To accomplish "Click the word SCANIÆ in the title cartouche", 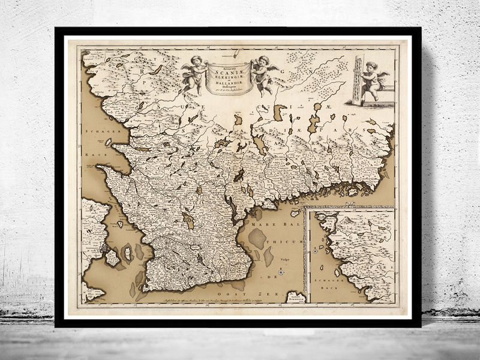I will click(226, 68).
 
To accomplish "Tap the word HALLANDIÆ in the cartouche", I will click(226, 79).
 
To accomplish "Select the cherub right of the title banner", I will click(261, 72).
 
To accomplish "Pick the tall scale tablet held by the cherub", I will click(358, 80).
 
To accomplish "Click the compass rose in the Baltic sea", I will click(280, 272).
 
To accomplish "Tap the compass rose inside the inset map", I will click(314, 251).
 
